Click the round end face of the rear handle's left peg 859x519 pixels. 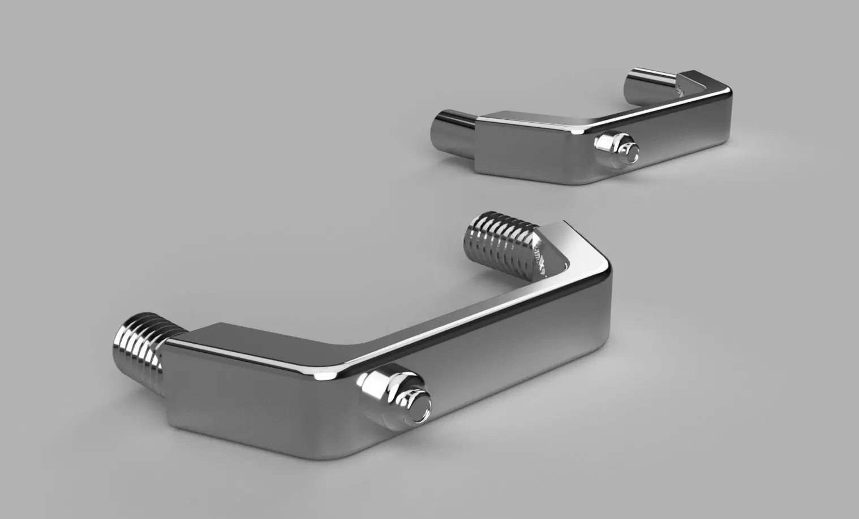coord(439,129)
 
